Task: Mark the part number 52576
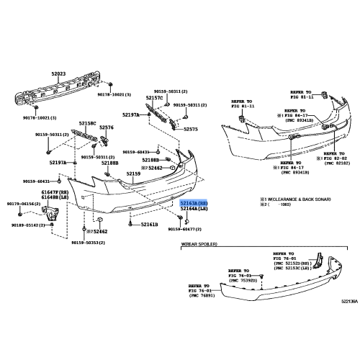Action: coord(107,127)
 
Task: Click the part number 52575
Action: coord(192,129)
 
